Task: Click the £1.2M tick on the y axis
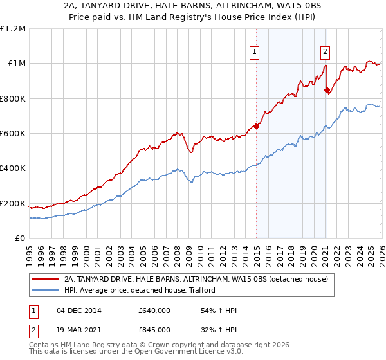coord(13,28)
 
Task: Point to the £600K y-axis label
coord(13,134)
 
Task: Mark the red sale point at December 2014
coord(256,126)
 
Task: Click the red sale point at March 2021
coord(327,91)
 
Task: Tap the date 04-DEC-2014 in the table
coord(79,311)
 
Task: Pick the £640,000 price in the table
coord(154,311)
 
